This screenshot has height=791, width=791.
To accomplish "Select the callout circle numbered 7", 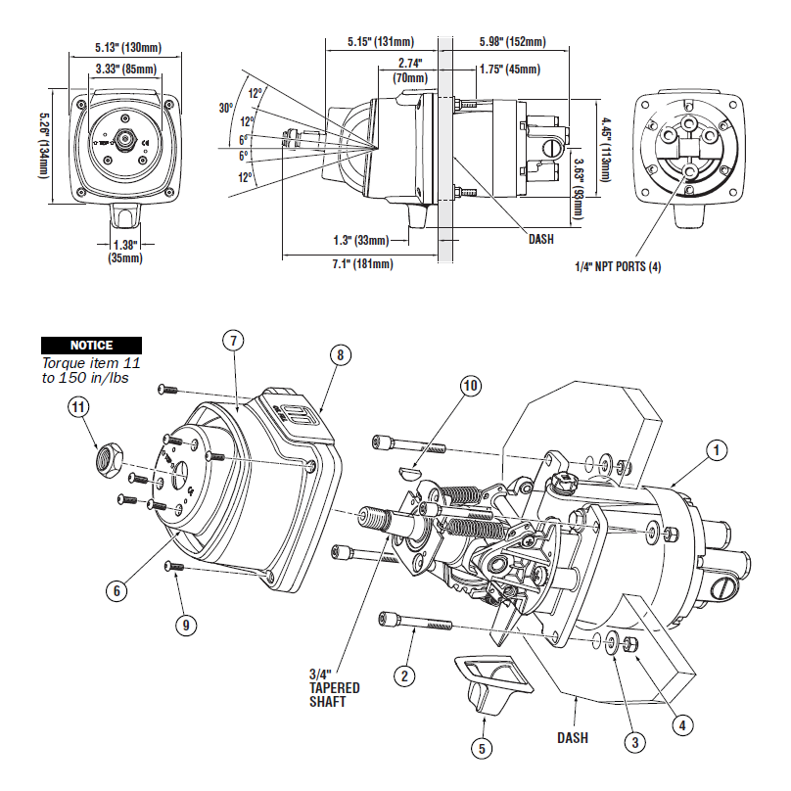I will [232, 341].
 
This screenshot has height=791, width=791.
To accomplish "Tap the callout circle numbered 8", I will [340, 355].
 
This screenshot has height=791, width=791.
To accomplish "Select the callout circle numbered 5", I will [482, 749].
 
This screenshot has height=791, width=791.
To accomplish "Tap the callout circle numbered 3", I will [635, 743].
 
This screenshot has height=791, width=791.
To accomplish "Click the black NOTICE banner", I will [91, 346].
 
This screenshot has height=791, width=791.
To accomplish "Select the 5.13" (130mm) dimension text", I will [128, 47].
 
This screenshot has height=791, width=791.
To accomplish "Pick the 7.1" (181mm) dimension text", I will [359, 265].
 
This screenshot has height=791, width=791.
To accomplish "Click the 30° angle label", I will [225, 109].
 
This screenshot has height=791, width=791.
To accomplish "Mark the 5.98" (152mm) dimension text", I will [512, 42].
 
